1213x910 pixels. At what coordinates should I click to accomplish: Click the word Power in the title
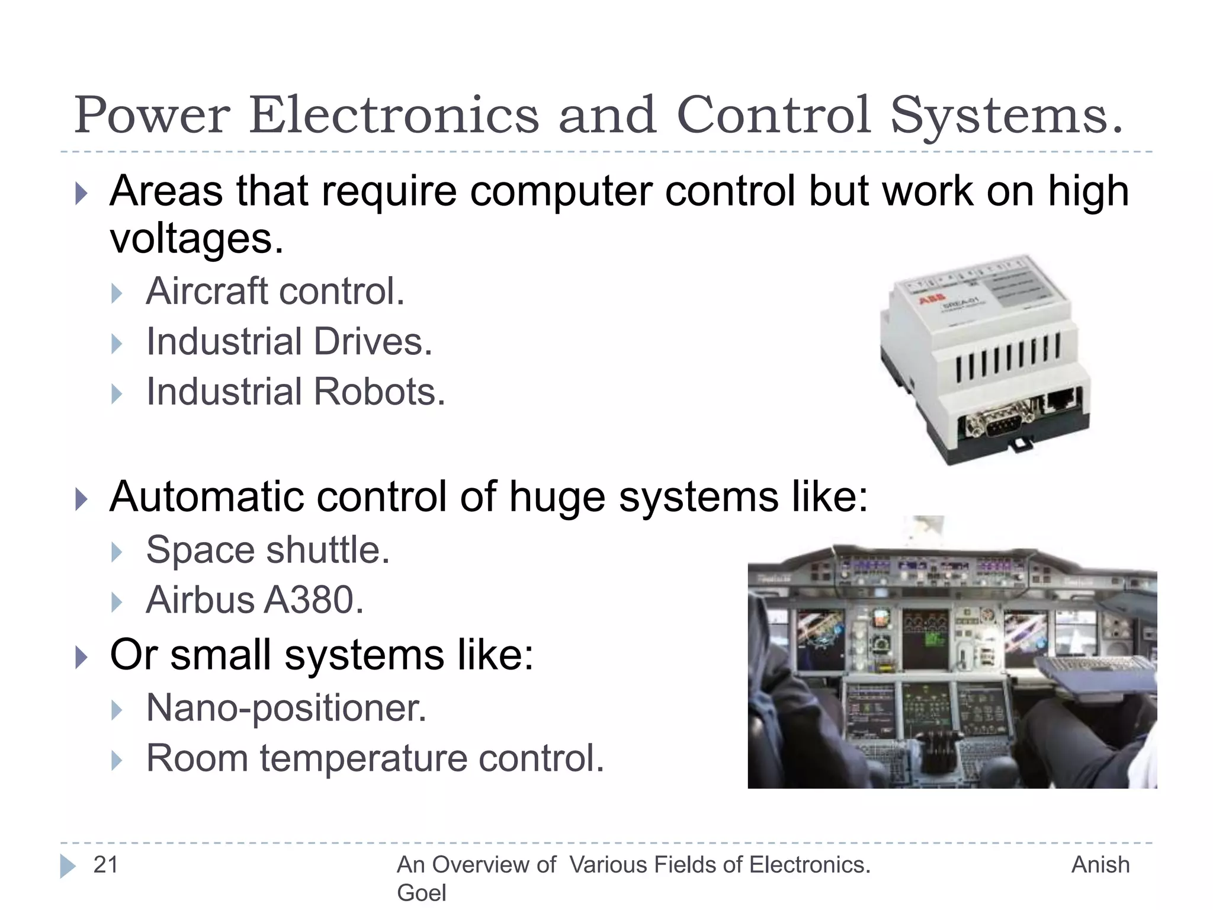(152, 115)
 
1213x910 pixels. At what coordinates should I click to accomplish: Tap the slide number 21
(106, 864)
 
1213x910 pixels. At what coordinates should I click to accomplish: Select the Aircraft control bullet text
(275, 291)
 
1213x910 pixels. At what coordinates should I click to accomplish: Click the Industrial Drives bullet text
(289, 342)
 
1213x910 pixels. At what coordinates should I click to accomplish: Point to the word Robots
(379, 392)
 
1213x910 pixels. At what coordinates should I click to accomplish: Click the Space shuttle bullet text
(268, 550)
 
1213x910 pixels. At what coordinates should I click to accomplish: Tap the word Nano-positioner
(286, 708)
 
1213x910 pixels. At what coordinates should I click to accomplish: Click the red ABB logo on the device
(932, 300)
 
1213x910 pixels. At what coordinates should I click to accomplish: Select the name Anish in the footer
(1100, 864)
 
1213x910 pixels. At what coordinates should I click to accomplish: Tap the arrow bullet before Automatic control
(82, 499)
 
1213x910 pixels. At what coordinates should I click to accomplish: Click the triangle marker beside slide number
(68, 866)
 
